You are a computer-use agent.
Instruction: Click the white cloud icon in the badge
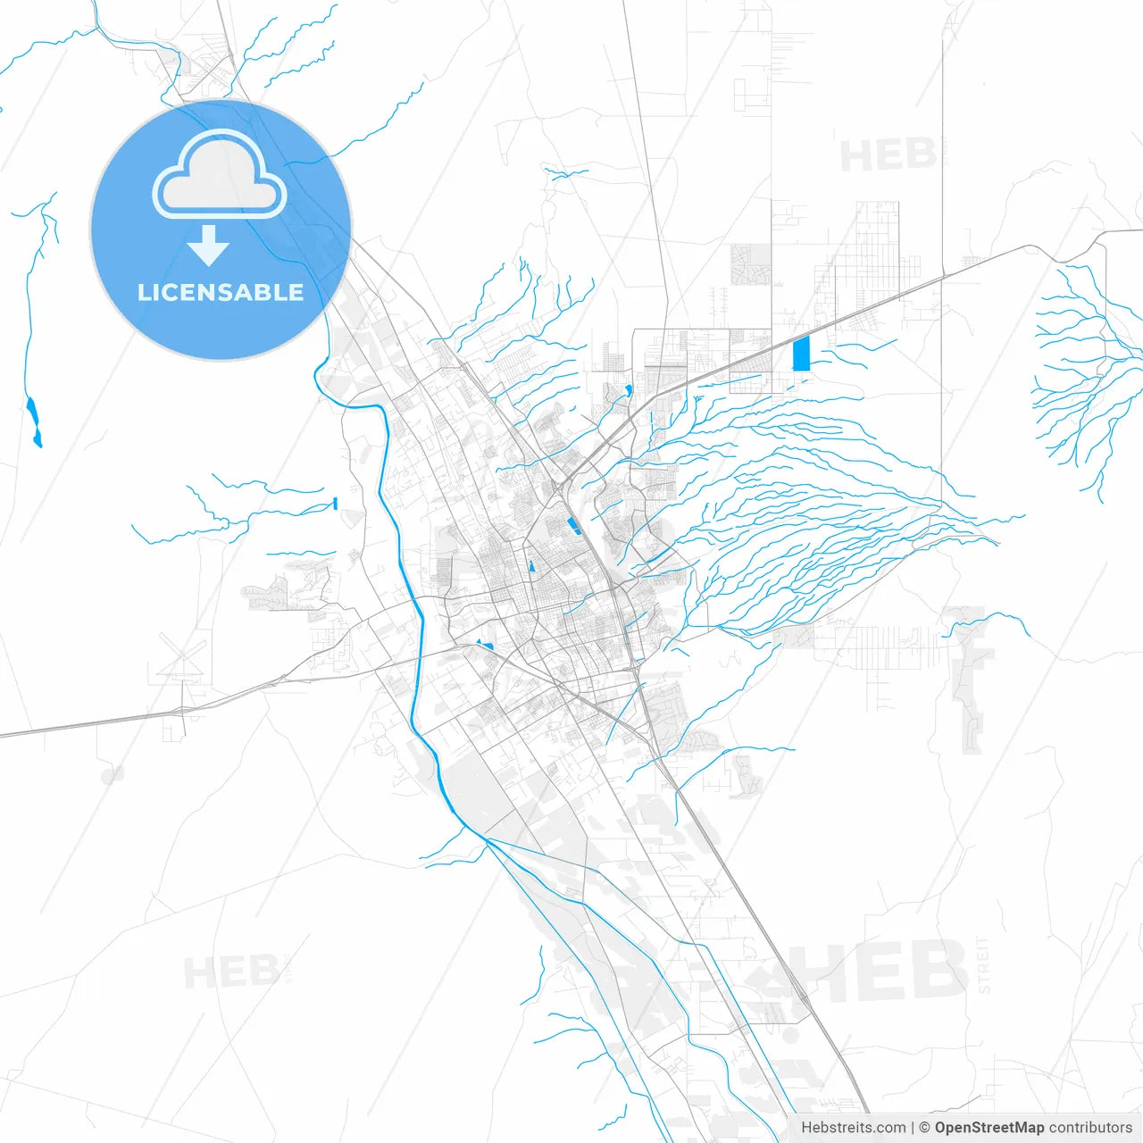point(219,176)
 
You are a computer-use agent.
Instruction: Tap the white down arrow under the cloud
point(209,246)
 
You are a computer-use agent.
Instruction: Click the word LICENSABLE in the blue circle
point(220,292)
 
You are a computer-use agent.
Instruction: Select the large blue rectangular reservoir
point(801,354)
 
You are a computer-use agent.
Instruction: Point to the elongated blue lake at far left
point(34,421)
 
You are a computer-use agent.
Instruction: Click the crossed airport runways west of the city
point(181,660)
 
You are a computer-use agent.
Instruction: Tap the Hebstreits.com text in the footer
point(853,1128)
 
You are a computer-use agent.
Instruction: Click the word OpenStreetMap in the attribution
point(989,1128)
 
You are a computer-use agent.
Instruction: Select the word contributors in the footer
point(1089,1128)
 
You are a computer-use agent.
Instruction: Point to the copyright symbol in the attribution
point(924,1128)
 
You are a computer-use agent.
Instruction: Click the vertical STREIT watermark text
point(984,964)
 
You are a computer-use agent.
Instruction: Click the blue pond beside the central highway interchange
point(571,525)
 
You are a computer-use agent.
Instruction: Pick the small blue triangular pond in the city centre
point(532,565)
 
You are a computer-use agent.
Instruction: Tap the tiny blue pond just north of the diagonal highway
point(630,390)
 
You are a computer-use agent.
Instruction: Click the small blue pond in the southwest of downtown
point(486,644)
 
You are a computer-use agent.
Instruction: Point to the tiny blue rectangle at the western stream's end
point(335,504)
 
